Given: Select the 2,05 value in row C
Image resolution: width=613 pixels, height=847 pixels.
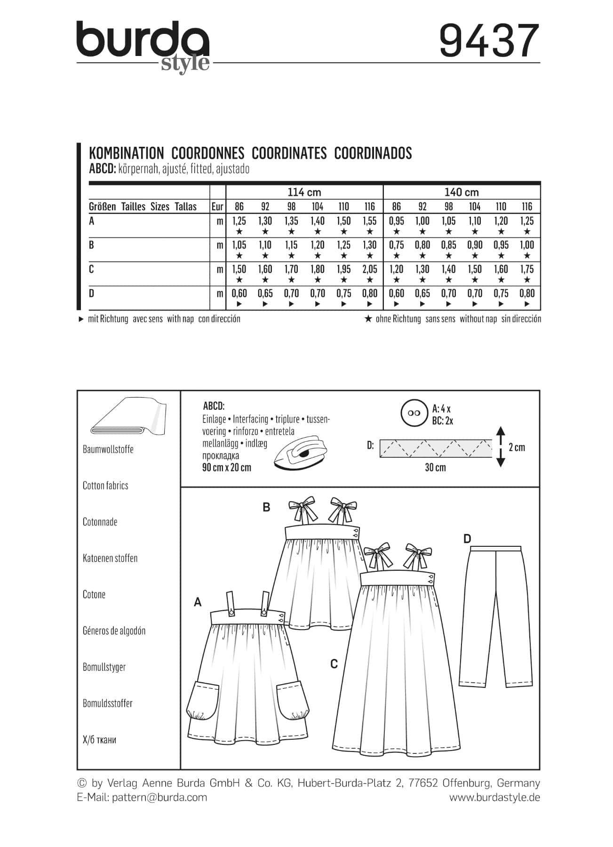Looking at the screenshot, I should coord(370,269).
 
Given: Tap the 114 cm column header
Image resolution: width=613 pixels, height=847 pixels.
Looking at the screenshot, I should coord(304,192).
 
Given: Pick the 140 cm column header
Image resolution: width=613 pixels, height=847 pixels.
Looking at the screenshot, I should coord(462,192).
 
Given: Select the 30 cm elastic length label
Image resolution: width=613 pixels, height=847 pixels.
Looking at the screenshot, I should coord(435,468).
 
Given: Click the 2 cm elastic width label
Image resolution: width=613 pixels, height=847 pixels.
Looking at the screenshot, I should coord(517,447).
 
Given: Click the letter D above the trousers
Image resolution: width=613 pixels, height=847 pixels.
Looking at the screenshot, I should coord(467,539).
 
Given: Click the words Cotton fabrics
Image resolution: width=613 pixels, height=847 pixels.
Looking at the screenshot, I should coord(105,486).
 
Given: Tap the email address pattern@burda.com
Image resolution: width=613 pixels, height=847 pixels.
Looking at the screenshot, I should coord(159,797).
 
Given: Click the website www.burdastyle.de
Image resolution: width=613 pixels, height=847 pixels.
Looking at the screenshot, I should coord(494,797).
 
